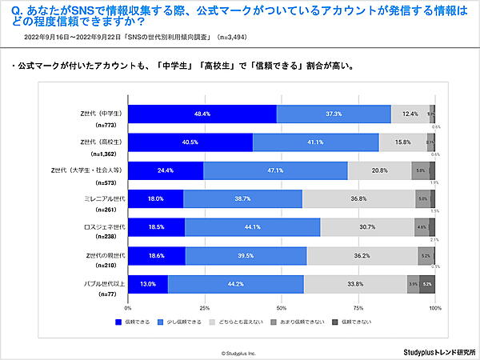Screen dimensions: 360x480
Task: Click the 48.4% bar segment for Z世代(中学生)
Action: click(202, 114)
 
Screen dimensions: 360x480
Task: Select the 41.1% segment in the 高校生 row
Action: click(315, 142)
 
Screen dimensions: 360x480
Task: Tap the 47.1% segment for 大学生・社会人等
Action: click(275, 170)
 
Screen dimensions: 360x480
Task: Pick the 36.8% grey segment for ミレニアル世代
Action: click(358, 198)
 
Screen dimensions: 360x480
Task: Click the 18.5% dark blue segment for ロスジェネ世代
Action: click(156, 226)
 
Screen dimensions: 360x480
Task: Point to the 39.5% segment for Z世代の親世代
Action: click(246, 255)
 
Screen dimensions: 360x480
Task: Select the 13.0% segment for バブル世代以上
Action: click(148, 283)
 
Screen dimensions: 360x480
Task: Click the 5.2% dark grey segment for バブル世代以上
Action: click(427, 283)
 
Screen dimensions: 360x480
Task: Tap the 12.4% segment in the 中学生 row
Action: click(410, 114)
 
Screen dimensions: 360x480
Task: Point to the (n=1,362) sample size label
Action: click(107, 152)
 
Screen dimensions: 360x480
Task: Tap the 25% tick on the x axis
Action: click(205, 306)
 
